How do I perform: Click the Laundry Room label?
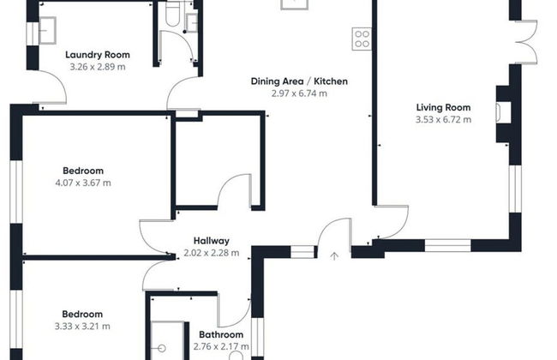pyautogui.click(x=98, y=55)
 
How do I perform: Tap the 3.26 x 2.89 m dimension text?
pyautogui.click(x=98, y=67)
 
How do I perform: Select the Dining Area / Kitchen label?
pyautogui.click(x=299, y=81)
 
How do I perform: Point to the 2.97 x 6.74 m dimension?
pyautogui.click(x=299, y=93)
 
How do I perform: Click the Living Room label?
pyautogui.click(x=443, y=107)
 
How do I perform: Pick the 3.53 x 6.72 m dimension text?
pyautogui.click(x=443, y=119)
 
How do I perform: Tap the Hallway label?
pyautogui.click(x=212, y=241)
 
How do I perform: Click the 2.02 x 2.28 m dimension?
pyautogui.click(x=212, y=253)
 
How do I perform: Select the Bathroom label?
pyautogui.click(x=221, y=334)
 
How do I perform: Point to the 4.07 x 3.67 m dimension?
pyautogui.click(x=83, y=183)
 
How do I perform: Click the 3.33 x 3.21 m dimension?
pyautogui.click(x=82, y=327)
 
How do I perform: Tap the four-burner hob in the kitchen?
pyautogui.click(x=362, y=39)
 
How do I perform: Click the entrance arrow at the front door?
pyautogui.click(x=334, y=256)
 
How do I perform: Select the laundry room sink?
pyautogui.click(x=47, y=31)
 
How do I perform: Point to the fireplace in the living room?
pyautogui.click(x=504, y=112)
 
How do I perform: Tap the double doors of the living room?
pyautogui.click(x=526, y=42)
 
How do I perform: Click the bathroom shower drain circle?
pyautogui.click(x=162, y=348)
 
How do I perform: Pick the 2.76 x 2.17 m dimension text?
pyautogui.click(x=221, y=346)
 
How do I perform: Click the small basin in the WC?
pyautogui.click(x=192, y=22)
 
